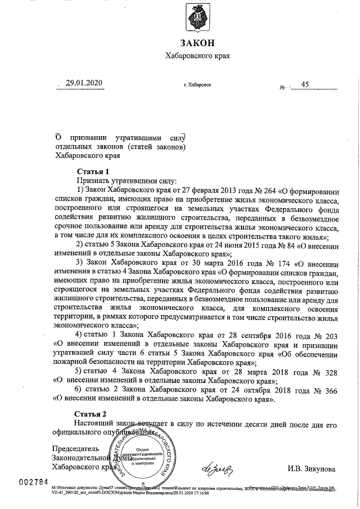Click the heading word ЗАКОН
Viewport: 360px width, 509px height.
click(197, 43)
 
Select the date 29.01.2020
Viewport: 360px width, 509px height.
click(84, 83)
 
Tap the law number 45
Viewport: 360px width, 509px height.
click(305, 84)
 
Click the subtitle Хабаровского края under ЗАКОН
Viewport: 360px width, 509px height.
click(197, 56)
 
